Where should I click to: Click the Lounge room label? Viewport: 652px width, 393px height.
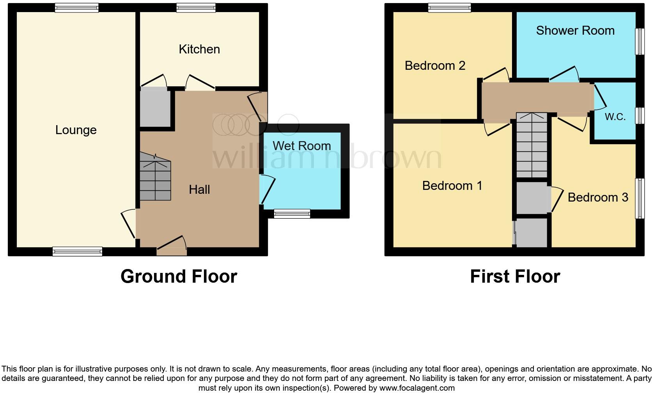point(76,130)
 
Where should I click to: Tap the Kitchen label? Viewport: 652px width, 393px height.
point(199,49)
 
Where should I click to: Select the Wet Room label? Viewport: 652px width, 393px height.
point(301,146)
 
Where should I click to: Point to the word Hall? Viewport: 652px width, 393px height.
point(199,189)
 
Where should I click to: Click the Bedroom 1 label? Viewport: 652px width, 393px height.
point(452,186)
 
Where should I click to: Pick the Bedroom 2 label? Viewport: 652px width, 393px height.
point(435,65)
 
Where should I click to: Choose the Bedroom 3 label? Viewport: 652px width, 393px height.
point(597,197)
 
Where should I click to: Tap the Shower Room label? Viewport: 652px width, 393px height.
point(575,30)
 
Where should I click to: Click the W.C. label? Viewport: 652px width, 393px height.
point(615,117)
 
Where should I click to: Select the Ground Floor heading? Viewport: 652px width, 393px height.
point(179,276)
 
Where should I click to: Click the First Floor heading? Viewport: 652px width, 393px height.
point(515,276)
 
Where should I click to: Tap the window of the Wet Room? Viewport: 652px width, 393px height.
point(292,213)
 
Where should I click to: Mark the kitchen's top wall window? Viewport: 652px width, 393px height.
point(196,7)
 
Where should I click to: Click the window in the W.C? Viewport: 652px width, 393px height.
point(640,116)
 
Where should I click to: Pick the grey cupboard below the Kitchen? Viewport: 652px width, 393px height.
point(155,108)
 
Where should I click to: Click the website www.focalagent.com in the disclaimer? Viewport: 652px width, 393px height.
point(417,388)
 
